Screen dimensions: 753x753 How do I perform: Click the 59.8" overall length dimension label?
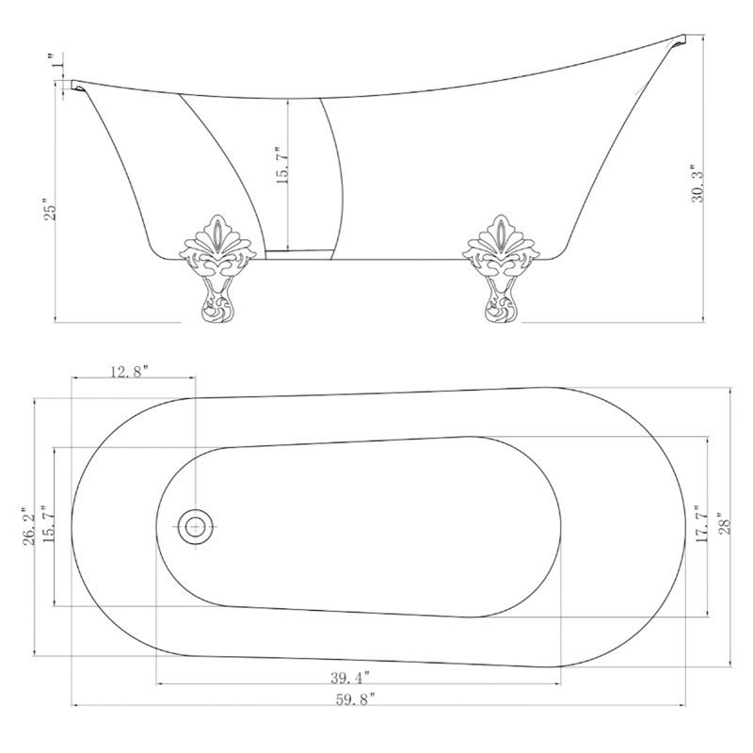355,699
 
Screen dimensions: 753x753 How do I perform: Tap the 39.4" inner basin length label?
350,678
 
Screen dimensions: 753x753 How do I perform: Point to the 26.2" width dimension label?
28,526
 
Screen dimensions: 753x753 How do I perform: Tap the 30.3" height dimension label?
697,184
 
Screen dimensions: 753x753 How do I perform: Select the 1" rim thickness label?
57,61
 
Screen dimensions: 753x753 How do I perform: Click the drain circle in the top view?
195,527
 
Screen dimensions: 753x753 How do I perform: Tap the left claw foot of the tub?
216,268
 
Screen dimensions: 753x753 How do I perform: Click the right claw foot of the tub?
502,268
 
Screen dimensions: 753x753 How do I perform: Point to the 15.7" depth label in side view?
281,166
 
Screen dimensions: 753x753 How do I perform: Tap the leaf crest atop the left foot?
216,235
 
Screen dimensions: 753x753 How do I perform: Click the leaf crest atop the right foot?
502,235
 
